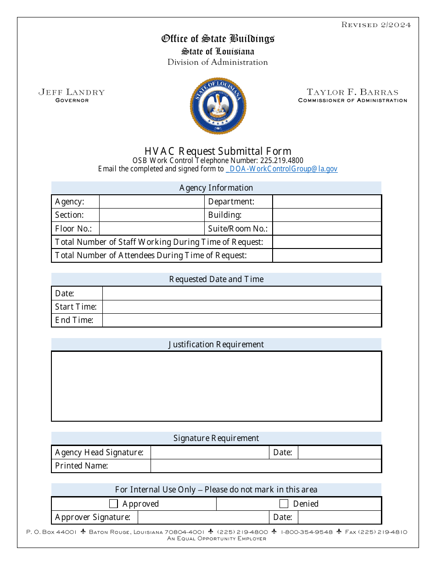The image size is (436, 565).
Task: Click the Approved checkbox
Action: pyautogui.click(x=113, y=504)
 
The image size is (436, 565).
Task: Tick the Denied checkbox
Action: pyautogui.click(x=284, y=504)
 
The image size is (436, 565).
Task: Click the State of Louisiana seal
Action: pyautogui.click(x=218, y=106)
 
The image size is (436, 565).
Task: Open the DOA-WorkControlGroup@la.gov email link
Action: pyautogui.click(x=282, y=169)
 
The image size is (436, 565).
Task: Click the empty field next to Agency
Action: pyautogui.click(x=151, y=202)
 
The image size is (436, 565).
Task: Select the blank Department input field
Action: pyautogui.click(x=327, y=202)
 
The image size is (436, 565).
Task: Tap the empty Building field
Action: pyautogui.click(x=327, y=215)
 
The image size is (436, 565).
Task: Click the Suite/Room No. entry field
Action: pyautogui.click(x=327, y=229)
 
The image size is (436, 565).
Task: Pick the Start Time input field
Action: pyautogui.click(x=241, y=307)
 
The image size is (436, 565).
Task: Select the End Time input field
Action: pyautogui.click(x=241, y=320)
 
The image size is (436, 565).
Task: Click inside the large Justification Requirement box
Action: pyautogui.click(x=216, y=386)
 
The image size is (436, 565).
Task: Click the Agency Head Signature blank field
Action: pyautogui.click(x=210, y=452)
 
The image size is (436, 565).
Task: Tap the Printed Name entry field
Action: pyautogui.click(x=266, y=466)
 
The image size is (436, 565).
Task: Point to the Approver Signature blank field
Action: pyautogui.click(x=203, y=517)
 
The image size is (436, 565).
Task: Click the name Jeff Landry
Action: pyautogui.click(x=72, y=92)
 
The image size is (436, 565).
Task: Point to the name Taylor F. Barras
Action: pyautogui.click(x=352, y=92)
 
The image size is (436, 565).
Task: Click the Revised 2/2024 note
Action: pyautogui.click(x=376, y=25)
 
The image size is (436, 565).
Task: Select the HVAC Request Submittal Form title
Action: pyautogui.click(x=218, y=151)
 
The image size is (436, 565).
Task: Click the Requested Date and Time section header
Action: pyautogui.click(x=216, y=279)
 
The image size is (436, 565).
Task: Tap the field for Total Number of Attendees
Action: pyautogui.click(x=327, y=255)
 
